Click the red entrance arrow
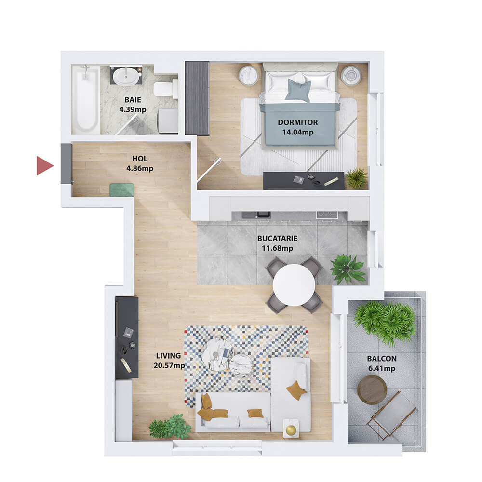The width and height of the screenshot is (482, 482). [44, 166]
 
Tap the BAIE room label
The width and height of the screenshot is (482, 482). [133, 100]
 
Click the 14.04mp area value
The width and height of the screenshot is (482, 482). [298, 132]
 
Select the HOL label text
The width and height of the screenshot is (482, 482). [140, 158]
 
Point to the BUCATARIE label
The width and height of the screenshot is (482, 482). [277, 238]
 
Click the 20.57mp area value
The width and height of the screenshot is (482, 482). [169, 365]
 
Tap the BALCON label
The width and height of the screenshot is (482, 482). [382, 359]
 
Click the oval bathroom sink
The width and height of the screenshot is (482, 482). [125, 76]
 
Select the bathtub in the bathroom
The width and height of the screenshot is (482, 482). [86, 99]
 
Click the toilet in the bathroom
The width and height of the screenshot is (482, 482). [165, 89]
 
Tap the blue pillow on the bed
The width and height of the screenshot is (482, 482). [298, 90]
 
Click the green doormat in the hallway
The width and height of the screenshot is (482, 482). [122, 189]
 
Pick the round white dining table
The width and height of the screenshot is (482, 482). [294, 285]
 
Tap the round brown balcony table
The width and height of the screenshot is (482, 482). [372, 389]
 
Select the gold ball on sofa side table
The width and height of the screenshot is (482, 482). [291, 430]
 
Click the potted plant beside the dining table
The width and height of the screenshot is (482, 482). [348, 269]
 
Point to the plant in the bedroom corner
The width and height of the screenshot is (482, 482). [356, 178]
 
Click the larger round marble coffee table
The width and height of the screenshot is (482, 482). [217, 354]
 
